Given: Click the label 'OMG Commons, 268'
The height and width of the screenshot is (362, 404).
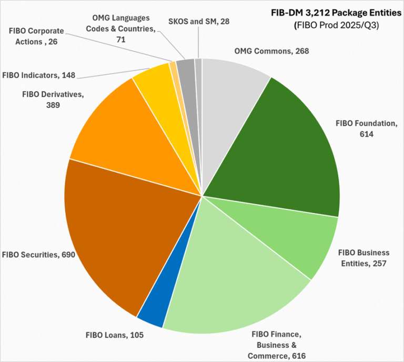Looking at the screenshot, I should tap(270, 51).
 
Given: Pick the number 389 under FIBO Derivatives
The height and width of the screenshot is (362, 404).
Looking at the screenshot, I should tap(53, 105).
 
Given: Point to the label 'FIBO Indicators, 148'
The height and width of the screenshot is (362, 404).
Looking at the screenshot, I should tap(38, 75).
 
